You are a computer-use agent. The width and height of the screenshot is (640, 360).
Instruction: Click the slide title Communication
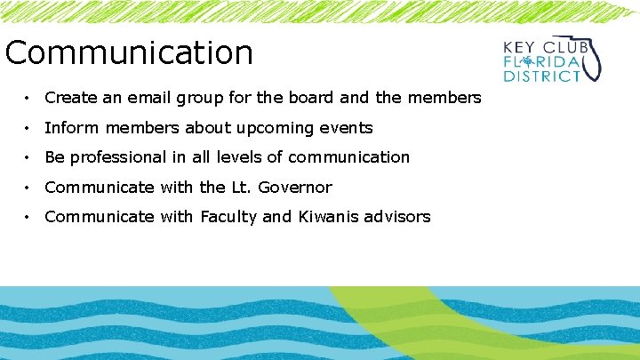coord(129,53)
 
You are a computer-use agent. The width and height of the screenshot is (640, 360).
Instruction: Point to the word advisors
coord(398,216)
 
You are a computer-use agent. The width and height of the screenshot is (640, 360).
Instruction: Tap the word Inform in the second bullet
coord(68,127)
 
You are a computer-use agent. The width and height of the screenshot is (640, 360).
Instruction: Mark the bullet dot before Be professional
coord(29,158)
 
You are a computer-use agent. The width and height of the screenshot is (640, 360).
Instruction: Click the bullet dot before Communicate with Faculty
coord(29,217)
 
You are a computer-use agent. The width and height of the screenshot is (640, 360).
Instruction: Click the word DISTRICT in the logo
coord(542,76)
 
